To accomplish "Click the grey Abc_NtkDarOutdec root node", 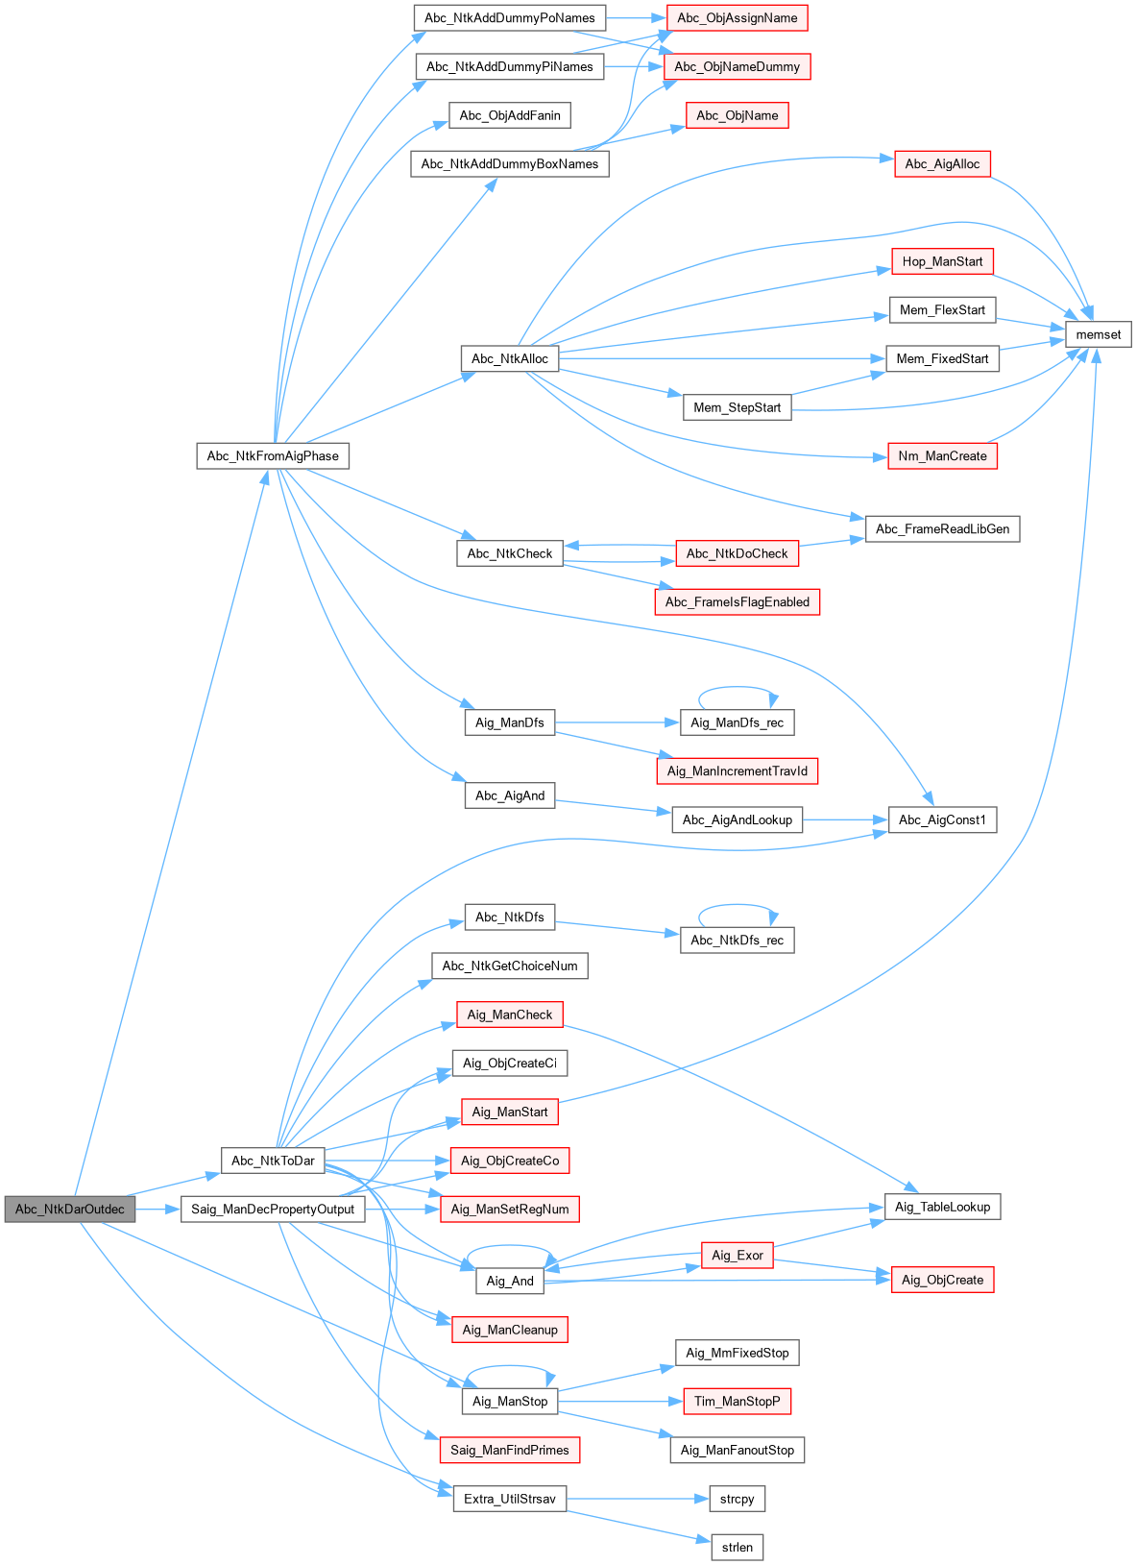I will pyautogui.click(x=69, y=1210).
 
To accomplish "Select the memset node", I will pyautogui.click(x=1098, y=334).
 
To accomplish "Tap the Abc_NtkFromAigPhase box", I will pyautogui.click(x=273, y=456).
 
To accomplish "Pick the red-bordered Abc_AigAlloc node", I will pyautogui.click(x=942, y=164).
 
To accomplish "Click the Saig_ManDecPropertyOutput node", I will pyautogui.click(x=273, y=1210).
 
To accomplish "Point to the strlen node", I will pyautogui.click(x=737, y=1548).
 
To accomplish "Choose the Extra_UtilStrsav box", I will pyautogui.click(x=509, y=1499).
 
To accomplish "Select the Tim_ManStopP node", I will pyautogui.click(x=737, y=1402).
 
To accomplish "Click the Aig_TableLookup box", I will pyautogui.click(x=942, y=1207).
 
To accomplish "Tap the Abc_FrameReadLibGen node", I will pyautogui.click(x=942, y=529).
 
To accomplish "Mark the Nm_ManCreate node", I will pyautogui.click(x=942, y=456).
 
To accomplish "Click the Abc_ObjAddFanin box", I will pyautogui.click(x=509, y=116).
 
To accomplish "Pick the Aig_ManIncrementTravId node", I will pyautogui.click(x=737, y=771).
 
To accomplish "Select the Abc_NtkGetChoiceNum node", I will pyautogui.click(x=509, y=966).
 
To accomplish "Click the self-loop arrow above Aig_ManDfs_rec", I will pyautogui.click(x=737, y=688).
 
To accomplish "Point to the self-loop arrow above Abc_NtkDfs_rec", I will pyautogui.click(x=737, y=905).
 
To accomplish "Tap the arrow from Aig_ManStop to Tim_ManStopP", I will pyautogui.click(x=619, y=1402).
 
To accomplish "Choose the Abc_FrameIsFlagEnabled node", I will pyautogui.click(x=737, y=602).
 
